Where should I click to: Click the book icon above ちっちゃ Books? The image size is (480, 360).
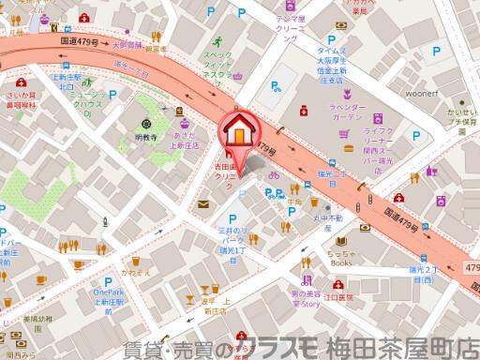coord(341,242)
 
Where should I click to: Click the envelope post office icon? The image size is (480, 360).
coord(204,202)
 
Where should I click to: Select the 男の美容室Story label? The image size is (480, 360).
coord(321,299)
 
